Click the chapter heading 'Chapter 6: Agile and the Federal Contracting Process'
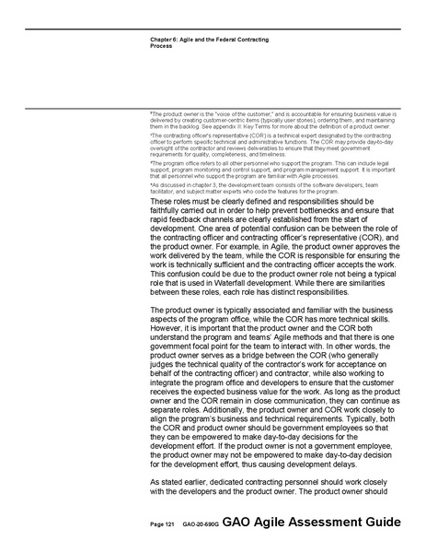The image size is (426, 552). pyautogui.click(x=209, y=41)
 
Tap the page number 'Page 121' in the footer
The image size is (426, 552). pyautogui.click(x=162, y=523)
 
